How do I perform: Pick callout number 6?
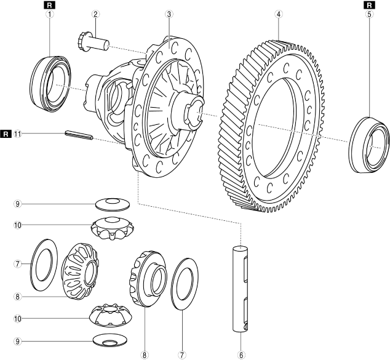point(242,354)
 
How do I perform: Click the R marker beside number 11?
point(6,132)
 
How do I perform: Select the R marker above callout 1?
point(49,4)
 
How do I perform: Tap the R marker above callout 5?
point(369,4)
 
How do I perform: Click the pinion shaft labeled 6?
point(241,289)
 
